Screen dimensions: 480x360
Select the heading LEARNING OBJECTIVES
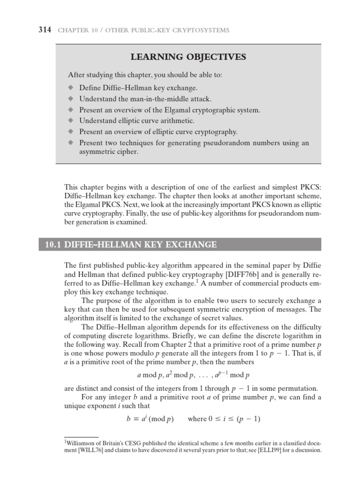(x=188, y=57)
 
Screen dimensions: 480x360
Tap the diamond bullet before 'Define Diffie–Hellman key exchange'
(x=71, y=88)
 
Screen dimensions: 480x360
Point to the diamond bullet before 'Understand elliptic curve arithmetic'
(x=71, y=121)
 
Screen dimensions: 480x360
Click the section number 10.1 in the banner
(x=51, y=245)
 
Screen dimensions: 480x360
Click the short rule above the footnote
(x=81, y=437)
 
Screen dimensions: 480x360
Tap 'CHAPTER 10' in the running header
(x=75, y=31)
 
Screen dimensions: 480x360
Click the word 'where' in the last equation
(x=197, y=419)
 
